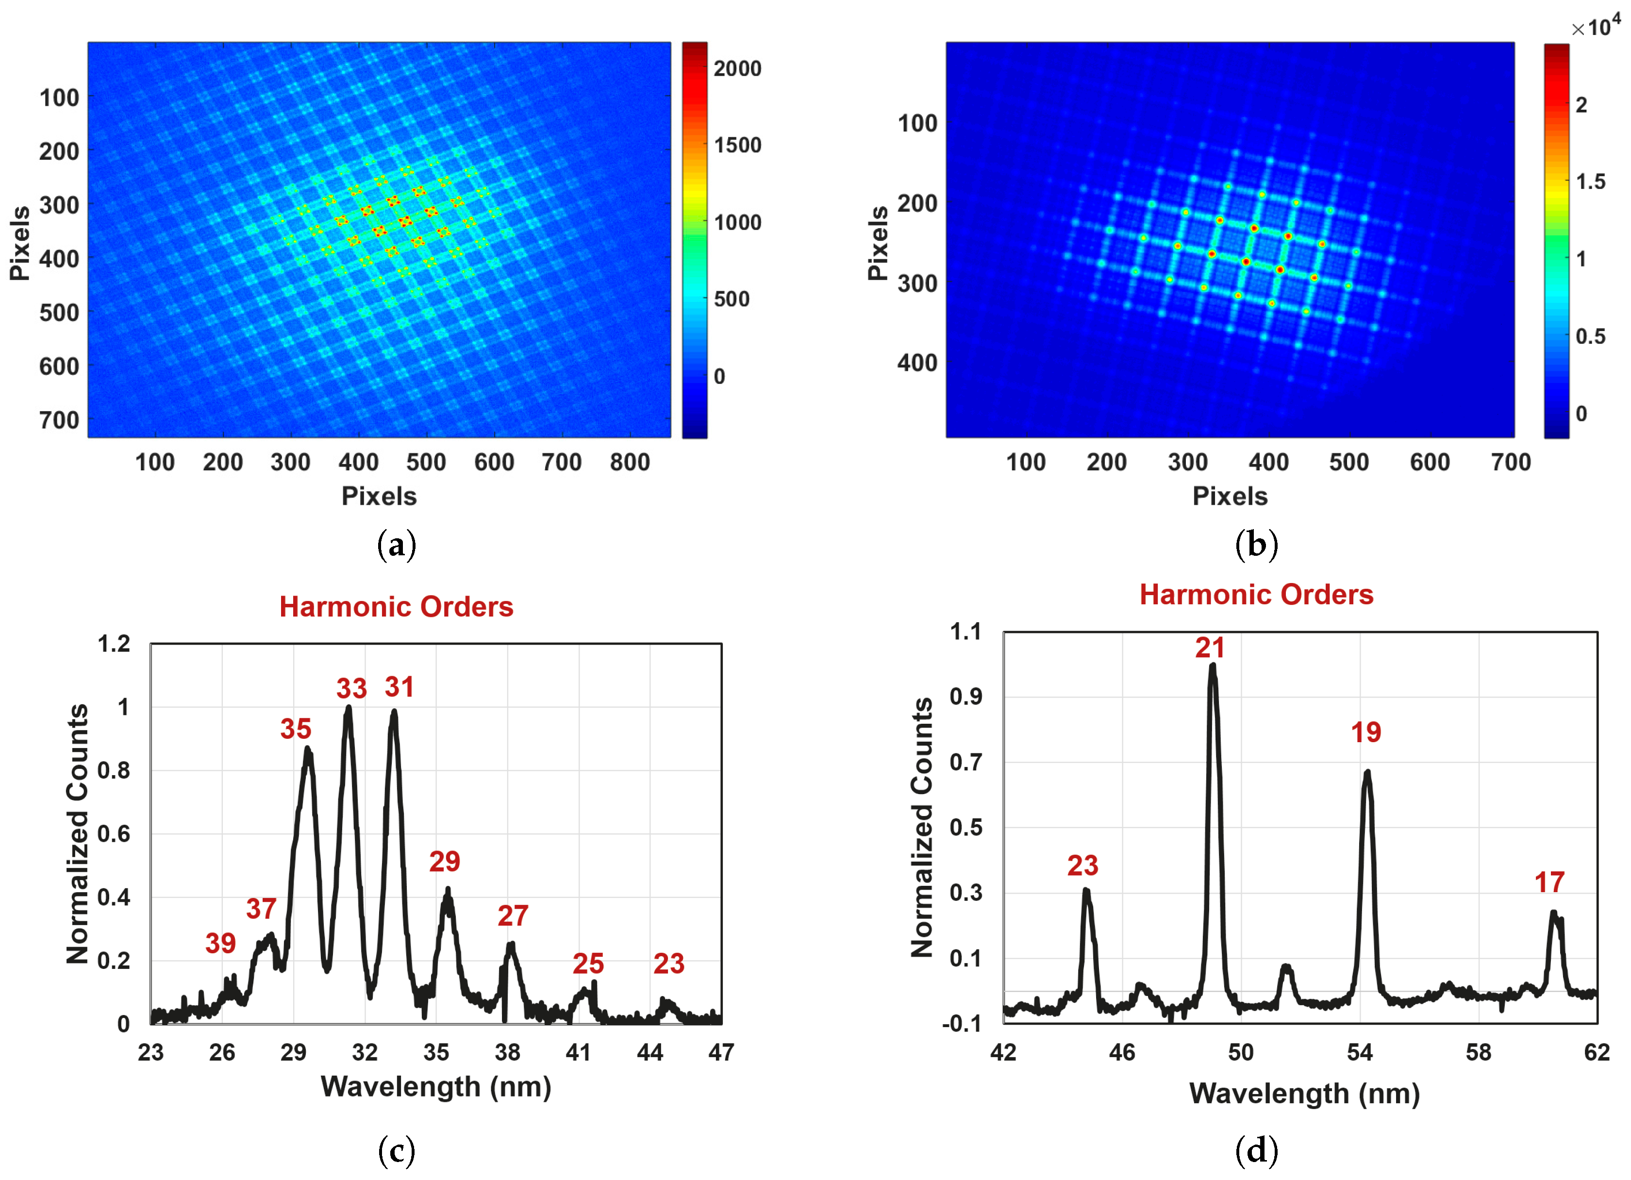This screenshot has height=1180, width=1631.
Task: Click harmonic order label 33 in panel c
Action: (351, 689)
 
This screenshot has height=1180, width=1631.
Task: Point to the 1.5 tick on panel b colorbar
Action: (1590, 182)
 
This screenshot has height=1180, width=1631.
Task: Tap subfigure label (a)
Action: (396, 545)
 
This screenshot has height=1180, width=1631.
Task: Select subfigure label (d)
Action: (1256, 1150)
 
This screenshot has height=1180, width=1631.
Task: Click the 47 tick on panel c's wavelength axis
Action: (720, 1053)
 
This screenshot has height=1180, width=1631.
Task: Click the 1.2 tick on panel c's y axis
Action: (115, 644)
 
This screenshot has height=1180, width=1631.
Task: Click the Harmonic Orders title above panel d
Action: (1256, 595)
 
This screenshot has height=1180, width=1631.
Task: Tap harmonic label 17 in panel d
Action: (1549, 882)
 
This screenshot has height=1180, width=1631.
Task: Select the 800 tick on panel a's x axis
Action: (629, 463)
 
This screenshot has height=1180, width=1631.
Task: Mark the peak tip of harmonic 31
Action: (393, 713)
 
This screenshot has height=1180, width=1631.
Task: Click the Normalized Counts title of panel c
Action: (77, 833)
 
